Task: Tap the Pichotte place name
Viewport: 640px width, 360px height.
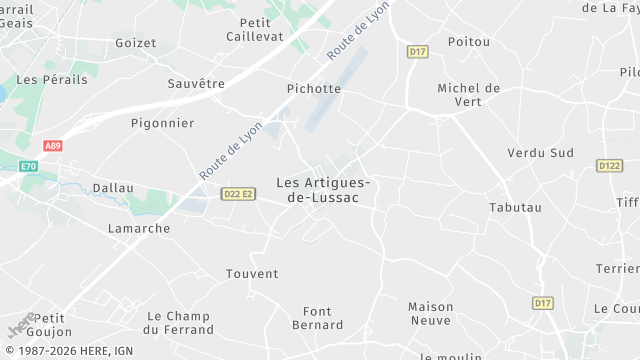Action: tap(314, 88)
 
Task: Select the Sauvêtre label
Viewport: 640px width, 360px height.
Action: tap(196, 83)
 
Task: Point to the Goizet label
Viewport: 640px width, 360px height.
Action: tap(136, 43)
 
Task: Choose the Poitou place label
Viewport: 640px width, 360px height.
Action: tap(469, 41)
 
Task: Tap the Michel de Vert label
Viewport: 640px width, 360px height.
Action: tap(468, 95)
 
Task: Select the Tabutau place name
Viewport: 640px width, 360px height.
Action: tap(515, 207)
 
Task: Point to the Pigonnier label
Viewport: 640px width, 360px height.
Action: tap(162, 123)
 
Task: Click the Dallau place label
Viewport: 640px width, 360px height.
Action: tap(113, 187)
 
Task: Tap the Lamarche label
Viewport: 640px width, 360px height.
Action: tap(139, 228)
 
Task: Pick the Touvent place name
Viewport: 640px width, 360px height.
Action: tap(252, 273)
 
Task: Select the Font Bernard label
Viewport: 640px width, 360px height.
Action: tap(318, 318)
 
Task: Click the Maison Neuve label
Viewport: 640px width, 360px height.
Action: tap(431, 313)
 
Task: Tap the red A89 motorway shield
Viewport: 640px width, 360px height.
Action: tap(53, 146)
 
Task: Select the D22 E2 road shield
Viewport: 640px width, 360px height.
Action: tap(238, 194)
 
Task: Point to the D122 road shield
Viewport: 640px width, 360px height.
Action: tap(609, 165)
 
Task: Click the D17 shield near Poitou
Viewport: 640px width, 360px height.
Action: tap(418, 51)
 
